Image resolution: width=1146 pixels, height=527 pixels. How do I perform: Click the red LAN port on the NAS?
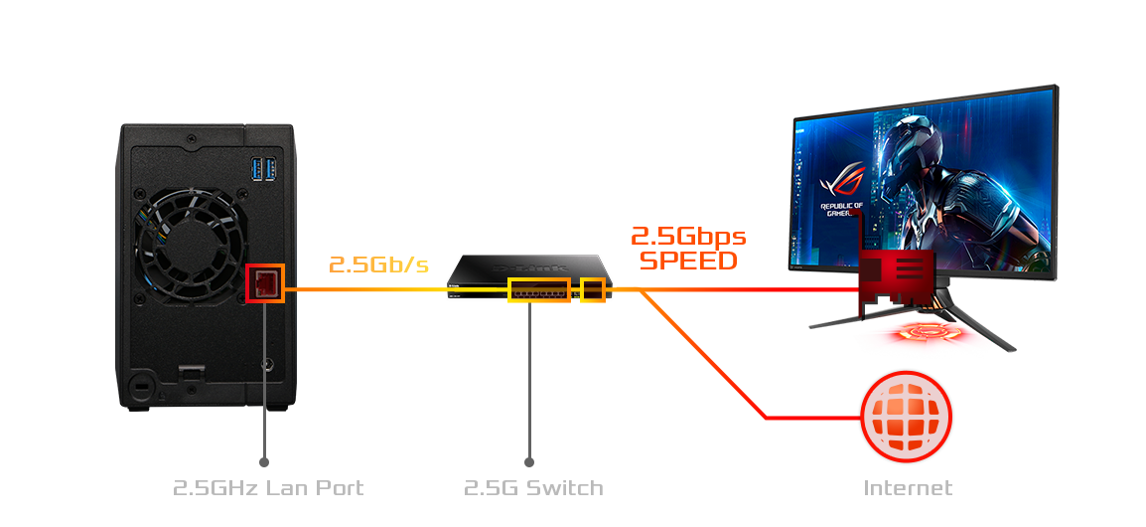click(x=265, y=282)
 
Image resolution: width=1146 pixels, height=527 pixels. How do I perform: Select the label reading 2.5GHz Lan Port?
click(x=268, y=488)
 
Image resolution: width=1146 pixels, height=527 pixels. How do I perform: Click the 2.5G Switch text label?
click(x=533, y=488)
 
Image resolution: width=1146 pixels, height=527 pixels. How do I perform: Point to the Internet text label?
click(x=908, y=488)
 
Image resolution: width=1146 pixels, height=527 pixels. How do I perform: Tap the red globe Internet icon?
click(x=906, y=417)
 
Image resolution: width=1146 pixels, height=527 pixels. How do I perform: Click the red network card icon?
click(x=896, y=282)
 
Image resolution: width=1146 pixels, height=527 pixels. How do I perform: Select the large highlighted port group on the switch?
click(x=539, y=290)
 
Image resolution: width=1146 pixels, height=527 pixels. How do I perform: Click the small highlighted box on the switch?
click(x=593, y=289)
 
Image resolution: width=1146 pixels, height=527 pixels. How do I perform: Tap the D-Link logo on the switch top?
click(x=529, y=266)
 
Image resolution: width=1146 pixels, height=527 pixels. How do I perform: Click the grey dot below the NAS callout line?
click(x=264, y=462)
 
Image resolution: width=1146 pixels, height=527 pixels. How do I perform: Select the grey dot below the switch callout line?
click(x=529, y=462)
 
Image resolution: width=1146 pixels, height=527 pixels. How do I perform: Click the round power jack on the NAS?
click(x=265, y=366)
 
